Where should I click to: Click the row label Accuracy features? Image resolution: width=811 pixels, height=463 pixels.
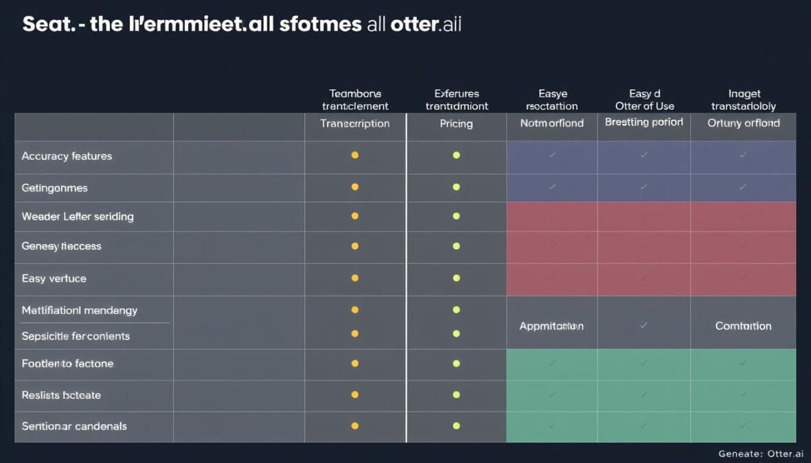[67, 156]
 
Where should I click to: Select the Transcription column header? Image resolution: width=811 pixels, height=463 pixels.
[355, 123]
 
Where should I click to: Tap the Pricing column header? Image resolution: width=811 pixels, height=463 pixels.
[456, 123]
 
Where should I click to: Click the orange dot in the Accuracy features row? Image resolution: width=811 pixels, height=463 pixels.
[355, 155]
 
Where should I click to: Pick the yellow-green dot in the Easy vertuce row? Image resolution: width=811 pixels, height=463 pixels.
[456, 278]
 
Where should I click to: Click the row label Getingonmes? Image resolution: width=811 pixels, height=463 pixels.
[55, 188]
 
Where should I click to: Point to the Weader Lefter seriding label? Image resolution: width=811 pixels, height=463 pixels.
[78, 217]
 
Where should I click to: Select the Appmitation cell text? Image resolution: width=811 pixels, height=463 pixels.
[551, 327]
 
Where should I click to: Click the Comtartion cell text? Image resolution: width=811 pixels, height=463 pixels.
[743, 327]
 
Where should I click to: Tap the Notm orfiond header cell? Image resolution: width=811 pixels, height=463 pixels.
[551, 123]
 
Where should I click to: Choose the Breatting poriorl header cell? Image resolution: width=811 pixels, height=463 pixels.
[643, 122]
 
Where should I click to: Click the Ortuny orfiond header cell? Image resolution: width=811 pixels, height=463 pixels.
[743, 123]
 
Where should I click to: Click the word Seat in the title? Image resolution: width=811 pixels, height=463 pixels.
[45, 24]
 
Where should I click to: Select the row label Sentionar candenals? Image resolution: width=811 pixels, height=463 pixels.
[74, 426]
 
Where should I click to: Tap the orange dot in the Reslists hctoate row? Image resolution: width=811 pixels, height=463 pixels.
[355, 394]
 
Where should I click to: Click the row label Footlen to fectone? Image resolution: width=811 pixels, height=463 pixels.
[67, 364]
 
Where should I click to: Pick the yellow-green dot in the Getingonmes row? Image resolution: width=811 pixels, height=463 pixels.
[456, 187]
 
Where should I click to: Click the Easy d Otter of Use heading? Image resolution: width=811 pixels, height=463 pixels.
[644, 99]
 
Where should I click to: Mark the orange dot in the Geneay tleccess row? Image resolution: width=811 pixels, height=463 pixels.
[355, 246]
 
